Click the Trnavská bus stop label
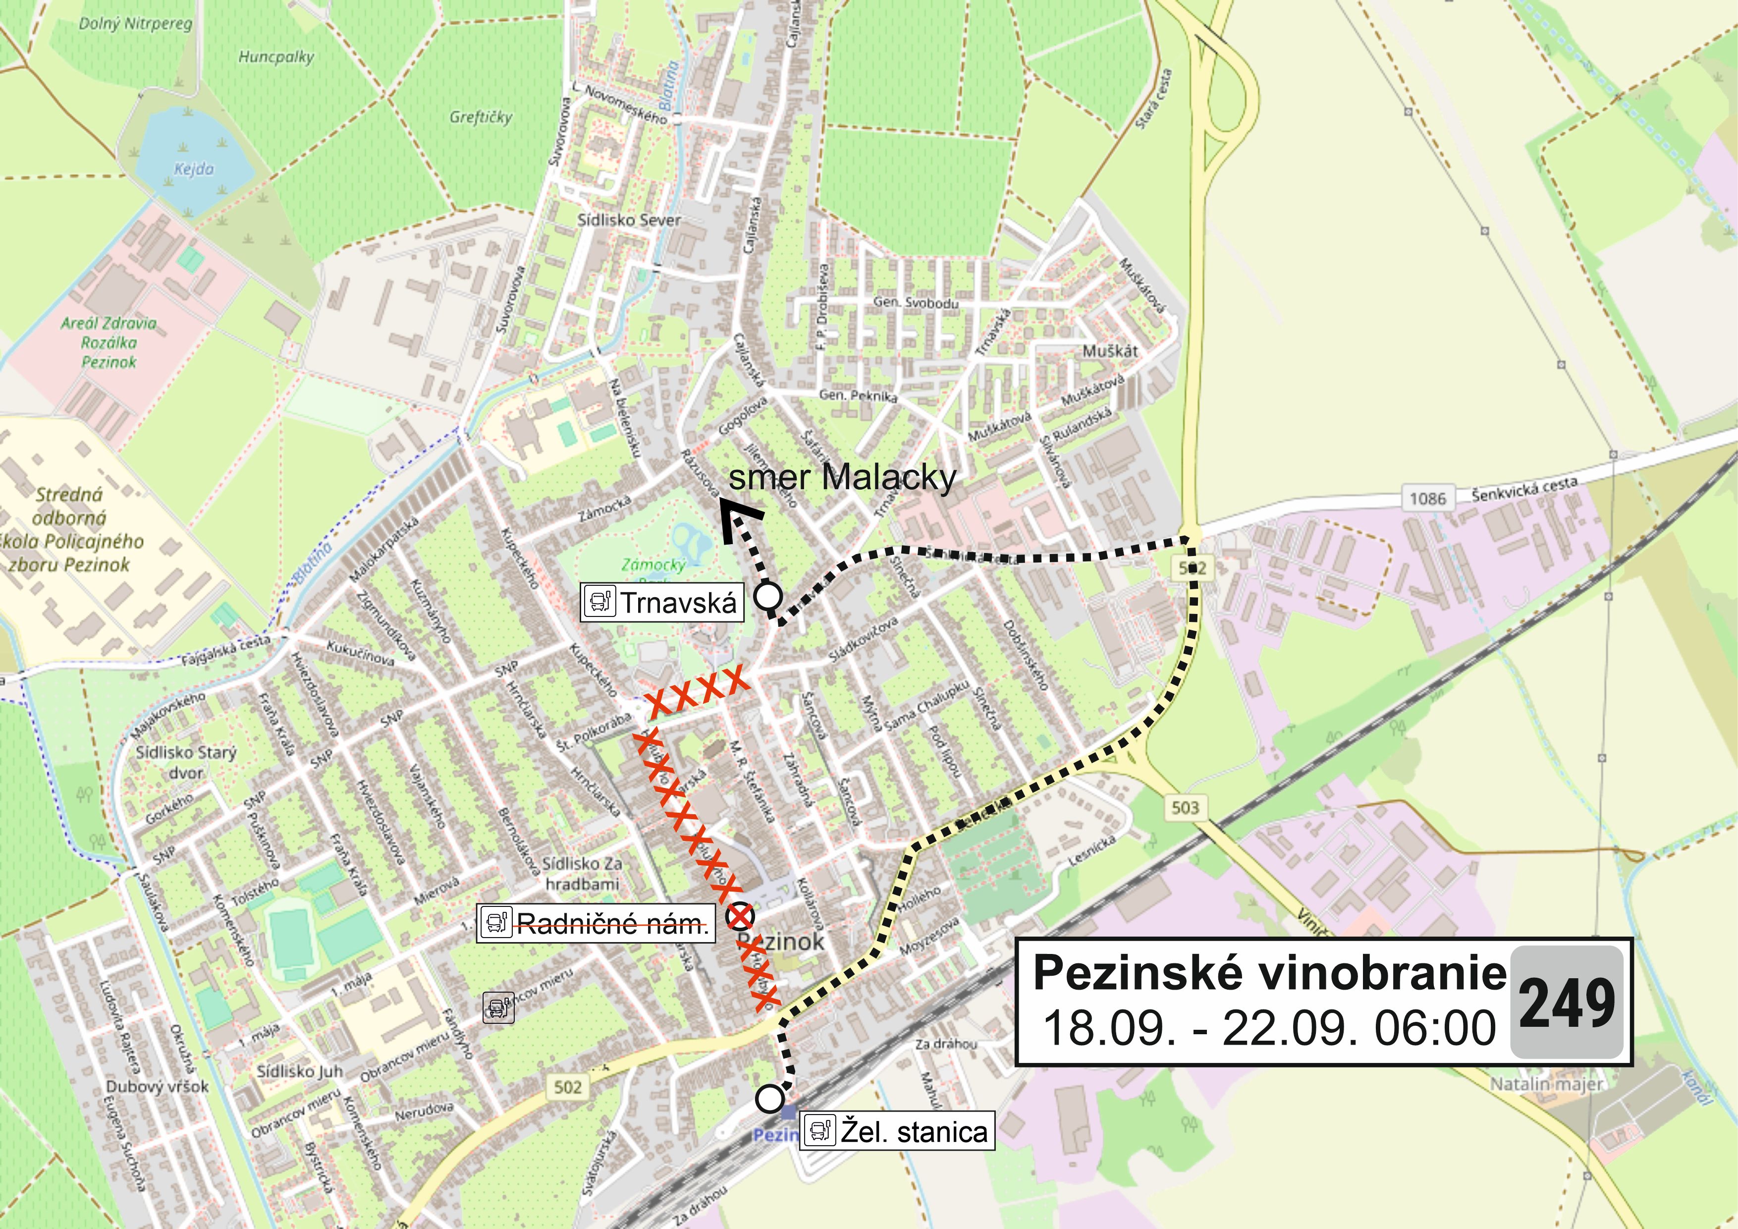coord(662,603)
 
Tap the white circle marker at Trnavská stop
coord(769,596)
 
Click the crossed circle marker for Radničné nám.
coord(740,917)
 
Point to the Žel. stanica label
coord(898,1132)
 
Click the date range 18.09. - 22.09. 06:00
coord(1269,1028)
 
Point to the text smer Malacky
coord(842,478)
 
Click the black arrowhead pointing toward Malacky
coord(738,522)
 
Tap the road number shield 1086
coord(1427,498)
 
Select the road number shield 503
coord(1185,808)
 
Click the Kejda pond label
coord(194,169)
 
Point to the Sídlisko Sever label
coord(629,221)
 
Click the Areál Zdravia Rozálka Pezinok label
coord(109,342)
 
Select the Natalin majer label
coord(1546,1084)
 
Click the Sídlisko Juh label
coord(300,1071)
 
